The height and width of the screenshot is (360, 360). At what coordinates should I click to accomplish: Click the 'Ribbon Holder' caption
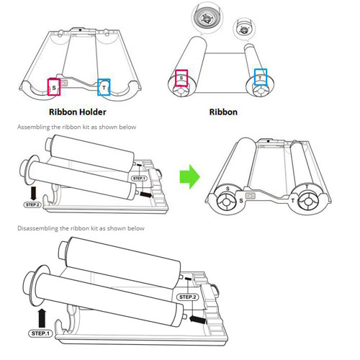coord(78,112)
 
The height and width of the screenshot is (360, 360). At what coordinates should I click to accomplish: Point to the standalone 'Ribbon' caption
coord(223,112)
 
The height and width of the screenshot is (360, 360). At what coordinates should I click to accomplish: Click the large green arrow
coord(189,176)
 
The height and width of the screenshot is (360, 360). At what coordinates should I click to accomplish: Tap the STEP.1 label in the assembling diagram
coord(139,179)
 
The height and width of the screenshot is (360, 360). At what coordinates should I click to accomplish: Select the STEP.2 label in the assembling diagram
coord(32,204)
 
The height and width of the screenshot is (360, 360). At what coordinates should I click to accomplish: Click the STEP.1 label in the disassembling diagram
coord(40,333)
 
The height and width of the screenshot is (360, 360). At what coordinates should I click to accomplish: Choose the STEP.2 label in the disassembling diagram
coord(188,297)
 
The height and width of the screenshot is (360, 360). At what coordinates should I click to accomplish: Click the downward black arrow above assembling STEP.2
coord(33,194)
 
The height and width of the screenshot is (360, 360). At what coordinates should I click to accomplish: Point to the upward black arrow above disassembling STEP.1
coord(42,318)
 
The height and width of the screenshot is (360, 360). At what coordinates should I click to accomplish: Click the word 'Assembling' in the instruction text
coord(33,127)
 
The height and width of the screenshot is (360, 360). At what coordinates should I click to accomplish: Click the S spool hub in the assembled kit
coord(226,202)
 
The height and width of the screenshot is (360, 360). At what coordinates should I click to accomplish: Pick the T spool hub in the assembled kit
coord(307,202)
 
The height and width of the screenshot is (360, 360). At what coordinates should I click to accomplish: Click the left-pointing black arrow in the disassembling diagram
coord(197,320)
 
